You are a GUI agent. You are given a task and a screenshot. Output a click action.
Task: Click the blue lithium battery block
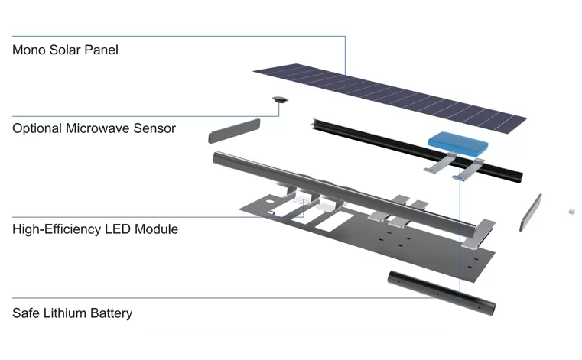click(x=457, y=142)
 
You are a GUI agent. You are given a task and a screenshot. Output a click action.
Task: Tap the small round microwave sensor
click(x=280, y=99)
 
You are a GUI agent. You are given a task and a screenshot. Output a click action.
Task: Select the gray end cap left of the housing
click(x=234, y=131)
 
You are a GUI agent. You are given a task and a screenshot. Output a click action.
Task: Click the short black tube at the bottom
click(x=441, y=294)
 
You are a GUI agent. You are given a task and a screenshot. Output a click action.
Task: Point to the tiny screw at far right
click(x=572, y=212)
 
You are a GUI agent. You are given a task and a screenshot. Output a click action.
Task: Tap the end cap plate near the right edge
click(x=531, y=212)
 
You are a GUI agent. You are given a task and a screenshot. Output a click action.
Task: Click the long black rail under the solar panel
click(x=418, y=151)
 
